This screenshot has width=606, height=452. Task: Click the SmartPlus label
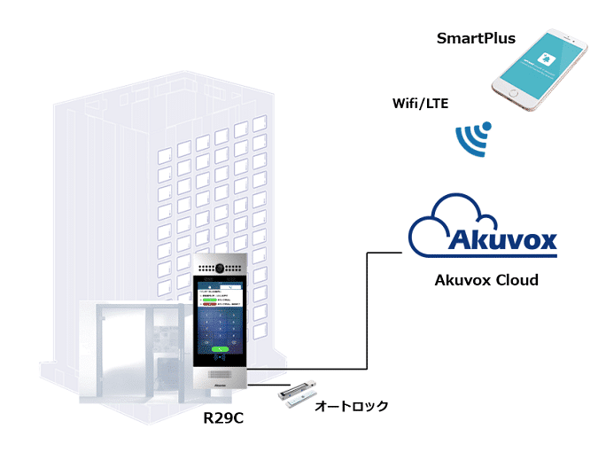(x=476, y=39)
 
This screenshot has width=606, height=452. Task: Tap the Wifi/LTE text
(x=420, y=104)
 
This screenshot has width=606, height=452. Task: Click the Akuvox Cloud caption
(x=486, y=280)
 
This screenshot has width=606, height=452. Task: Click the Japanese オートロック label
(x=352, y=407)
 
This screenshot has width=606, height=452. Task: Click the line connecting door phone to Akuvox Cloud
(x=367, y=310)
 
